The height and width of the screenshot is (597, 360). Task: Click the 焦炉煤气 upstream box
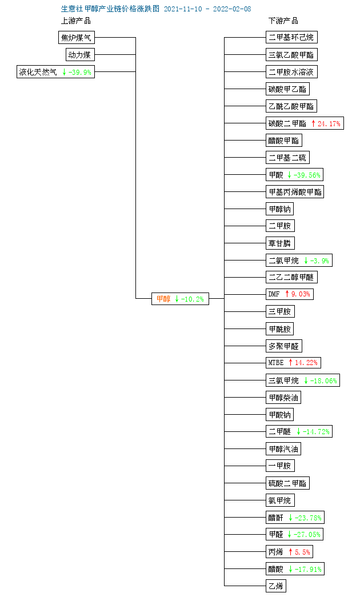pyautogui.click(x=76, y=37)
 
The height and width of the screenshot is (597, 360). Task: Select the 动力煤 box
pyautogui.click(x=80, y=54)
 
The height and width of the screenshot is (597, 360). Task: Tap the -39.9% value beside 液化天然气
pyautogui.click(x=79, y=72)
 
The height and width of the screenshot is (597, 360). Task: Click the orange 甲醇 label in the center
pyautogui.click(x=163, y=299)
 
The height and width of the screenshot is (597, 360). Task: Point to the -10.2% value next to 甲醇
pyautogui.click(x=193, y=299)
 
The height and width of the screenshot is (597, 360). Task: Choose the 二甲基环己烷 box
pyautogui.click(x=291, y=37)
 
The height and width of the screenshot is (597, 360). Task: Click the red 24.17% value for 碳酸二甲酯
pyautogui.click(x=329, y=123)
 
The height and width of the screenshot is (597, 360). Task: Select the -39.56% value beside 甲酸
pyautogui.click(x=307, y=175)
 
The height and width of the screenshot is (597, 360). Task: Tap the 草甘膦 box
pyautogui.click(x=280, y=243)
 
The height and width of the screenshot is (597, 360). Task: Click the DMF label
pyautogui.click(x=274, y=294)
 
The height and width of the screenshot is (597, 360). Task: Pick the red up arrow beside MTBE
pyautogui.click(x=290, y=362)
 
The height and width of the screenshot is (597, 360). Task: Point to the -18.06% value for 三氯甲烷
pyautogui.click(x=323, y=380)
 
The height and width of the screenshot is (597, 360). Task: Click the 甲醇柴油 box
pyautogui.click(x=283, y=398)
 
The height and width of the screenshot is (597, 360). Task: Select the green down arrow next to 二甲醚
pyautogui.click(x=298, y=431)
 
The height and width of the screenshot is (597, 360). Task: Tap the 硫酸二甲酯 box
pyautogui.click(x=287, y=483)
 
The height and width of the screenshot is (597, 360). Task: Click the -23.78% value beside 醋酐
pyautogui.click(x=308, y=518)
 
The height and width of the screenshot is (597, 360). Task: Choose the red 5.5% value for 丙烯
pyautogui.click(x=302, y=552)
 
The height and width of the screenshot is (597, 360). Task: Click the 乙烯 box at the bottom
pyautogui.click(x=276, y=586)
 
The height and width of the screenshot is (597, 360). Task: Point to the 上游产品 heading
pyautogui.click(x=76, y=21)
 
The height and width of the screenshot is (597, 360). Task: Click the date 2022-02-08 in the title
pyautogui.click(x=232, y=9)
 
